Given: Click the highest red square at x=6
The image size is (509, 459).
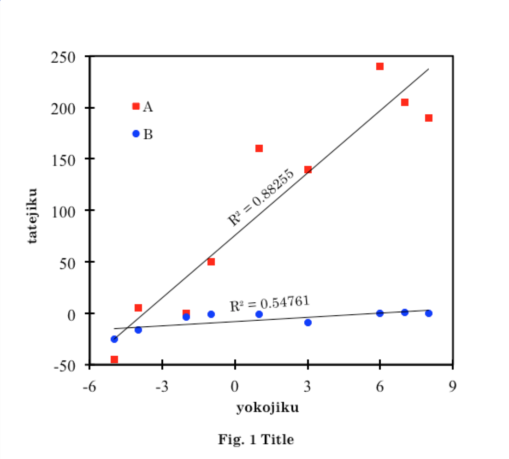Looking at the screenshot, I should (x=380, y=66).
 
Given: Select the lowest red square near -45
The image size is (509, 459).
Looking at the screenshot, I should (x=114, y=359).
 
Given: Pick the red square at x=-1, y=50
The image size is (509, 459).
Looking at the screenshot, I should (x=211, y=262).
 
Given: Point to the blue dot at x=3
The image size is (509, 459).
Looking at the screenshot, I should (x=308, y=323).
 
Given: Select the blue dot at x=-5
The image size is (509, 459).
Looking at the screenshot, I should (x=114, y=339).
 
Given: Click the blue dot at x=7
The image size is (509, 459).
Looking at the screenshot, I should (x=405, y=312).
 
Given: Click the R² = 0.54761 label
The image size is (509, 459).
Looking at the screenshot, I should (x=269, y=303).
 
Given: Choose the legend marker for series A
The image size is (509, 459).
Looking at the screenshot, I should (x=136, y=106).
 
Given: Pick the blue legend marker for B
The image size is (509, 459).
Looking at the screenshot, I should (x=136, y=134).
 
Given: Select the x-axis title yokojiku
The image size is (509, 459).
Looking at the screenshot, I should (x=267, y=408).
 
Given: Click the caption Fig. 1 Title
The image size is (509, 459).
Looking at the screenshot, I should (x=256, y=440).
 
